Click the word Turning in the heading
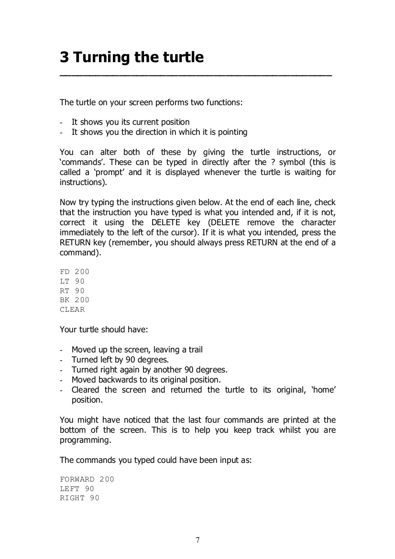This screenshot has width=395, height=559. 104,58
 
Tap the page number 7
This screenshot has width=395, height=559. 197,540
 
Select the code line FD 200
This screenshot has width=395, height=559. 75,272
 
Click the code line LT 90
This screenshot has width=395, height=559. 72,281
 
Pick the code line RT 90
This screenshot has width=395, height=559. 72,291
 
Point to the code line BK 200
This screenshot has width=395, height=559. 75,300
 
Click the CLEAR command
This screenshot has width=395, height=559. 72,309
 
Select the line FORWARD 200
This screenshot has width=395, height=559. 87,479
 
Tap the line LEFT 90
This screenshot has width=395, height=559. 77,488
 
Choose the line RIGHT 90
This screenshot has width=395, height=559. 79,498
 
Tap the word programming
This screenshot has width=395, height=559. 85,440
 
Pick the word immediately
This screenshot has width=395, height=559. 85,232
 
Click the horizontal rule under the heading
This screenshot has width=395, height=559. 196,76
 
